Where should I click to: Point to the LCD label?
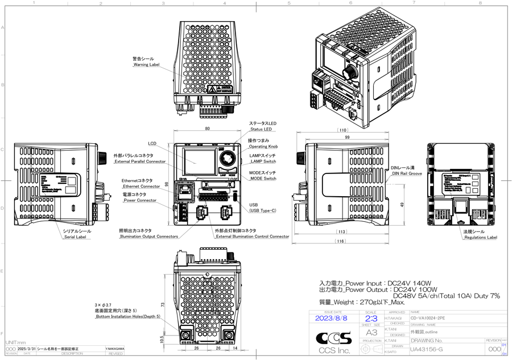(152, 143)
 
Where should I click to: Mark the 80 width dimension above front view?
(207, 129)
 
